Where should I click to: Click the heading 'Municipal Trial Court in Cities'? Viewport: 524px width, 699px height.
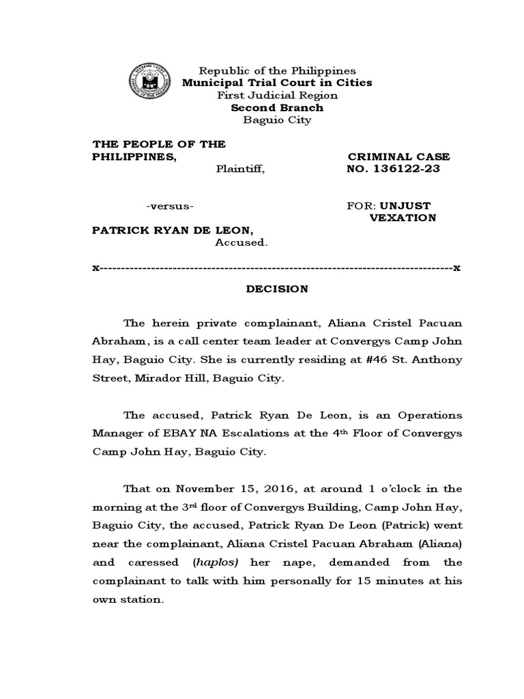click(276, 83)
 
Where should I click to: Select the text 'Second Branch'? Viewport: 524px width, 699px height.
click(277, 108)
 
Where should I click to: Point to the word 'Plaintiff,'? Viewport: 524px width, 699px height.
click(240, 169)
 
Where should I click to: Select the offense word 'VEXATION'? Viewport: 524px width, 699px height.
click(403, 218)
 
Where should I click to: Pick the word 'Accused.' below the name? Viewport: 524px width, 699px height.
click(242, 242)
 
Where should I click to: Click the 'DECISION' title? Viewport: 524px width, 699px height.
click(277, 289)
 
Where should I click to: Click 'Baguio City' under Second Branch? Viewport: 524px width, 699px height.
click(277, 120)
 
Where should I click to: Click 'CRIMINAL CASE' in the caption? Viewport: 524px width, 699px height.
click(399, 157)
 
